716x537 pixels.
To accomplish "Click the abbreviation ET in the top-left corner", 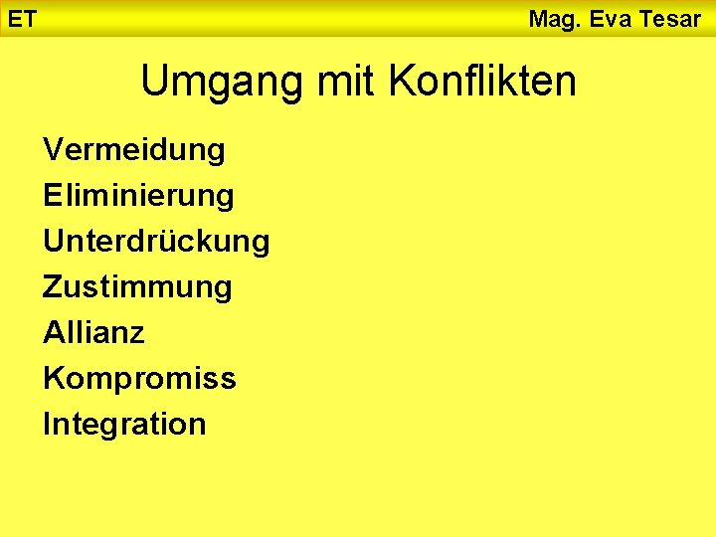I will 22,18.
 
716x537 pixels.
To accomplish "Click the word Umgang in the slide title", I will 224,82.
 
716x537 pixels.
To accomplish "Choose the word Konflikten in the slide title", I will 482,81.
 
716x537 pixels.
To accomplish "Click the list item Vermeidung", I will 134,150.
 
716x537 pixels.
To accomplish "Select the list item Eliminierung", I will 138,196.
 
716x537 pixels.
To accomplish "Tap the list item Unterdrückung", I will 156,241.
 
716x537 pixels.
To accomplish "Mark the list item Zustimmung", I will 137,287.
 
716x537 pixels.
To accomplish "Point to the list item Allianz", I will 93,332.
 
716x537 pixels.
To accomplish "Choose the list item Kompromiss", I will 139,379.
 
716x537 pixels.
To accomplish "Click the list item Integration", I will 124,424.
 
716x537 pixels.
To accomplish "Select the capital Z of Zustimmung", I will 52,286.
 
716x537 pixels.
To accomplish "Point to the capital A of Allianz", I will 53,332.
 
